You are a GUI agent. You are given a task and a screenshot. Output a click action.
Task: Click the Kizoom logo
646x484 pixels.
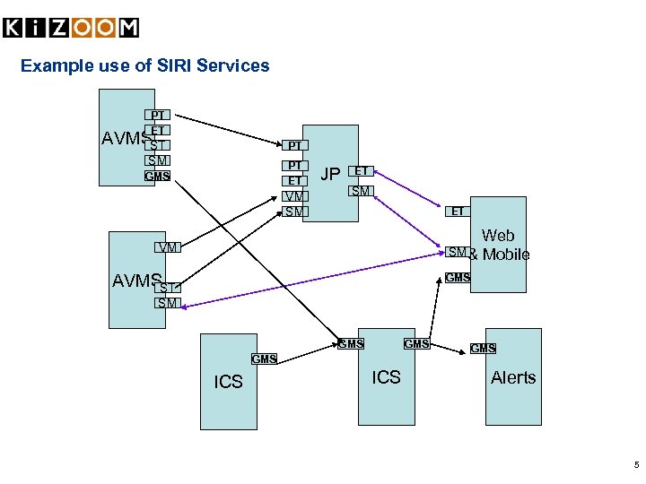coord(71,28)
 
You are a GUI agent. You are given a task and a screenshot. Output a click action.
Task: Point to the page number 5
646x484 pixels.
coord(636,465)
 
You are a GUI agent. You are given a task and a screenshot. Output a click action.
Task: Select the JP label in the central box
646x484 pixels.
coord(331,174)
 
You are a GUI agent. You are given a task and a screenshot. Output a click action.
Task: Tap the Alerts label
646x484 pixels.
coord(513,377)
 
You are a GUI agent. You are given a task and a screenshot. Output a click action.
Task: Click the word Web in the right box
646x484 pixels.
coord(498,236)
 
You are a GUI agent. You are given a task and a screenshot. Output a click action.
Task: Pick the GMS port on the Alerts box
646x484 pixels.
coord(483,348)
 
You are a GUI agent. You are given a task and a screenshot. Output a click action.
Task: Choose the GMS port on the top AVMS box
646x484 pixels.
coord(157,176)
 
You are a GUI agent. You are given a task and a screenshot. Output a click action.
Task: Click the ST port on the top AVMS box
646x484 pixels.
coord(158,145)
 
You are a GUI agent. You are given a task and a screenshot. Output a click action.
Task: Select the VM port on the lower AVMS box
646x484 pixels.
coord(167,246)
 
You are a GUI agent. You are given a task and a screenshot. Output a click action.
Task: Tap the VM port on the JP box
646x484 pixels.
coord(294,196)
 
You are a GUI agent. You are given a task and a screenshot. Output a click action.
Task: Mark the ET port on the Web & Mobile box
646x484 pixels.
coord(458,212)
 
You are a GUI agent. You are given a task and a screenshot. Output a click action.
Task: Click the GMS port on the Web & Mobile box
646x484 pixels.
coord(458,278)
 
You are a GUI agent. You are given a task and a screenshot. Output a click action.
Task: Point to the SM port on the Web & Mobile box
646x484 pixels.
coord(457,253)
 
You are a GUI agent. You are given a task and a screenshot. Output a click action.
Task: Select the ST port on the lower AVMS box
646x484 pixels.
coord(167,287)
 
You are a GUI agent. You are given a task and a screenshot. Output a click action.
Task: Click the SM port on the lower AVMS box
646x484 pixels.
coord(167,303)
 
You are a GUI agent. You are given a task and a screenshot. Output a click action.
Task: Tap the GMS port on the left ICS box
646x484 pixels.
coord(264,359)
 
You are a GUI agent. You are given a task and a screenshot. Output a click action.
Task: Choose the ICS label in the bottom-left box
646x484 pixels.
coord(228,382)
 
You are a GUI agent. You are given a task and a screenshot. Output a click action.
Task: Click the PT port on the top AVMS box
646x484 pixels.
coord(157,115)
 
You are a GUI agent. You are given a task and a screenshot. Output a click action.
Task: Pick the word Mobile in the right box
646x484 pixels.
coord(506,255)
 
